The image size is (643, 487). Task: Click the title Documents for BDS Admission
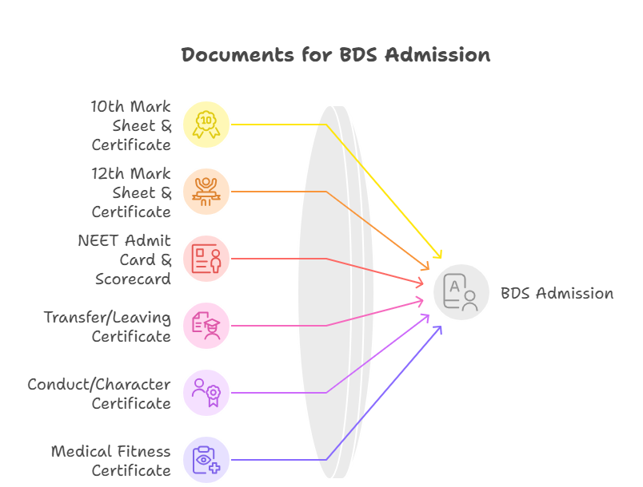click(335, 55)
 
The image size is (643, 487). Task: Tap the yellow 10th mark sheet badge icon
click(206, 125)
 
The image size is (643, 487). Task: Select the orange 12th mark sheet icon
click(206, 192)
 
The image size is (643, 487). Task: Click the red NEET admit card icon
click(206, 259)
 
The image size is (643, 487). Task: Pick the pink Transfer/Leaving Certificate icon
click(206, 325)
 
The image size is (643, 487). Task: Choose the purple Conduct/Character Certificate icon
click(206, 392)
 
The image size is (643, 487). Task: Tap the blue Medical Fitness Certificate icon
click(206, 459)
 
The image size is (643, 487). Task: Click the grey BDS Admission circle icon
click(461, 292)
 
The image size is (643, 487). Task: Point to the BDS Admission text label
click(557, 293)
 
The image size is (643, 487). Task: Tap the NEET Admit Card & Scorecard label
click(126, 259)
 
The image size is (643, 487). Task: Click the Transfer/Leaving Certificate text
click(108, 327)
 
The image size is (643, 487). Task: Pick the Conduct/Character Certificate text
click(100, 394)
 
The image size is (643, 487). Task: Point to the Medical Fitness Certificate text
click(112, 461)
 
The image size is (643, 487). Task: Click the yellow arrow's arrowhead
click(438, 255)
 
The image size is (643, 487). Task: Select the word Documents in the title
click(226, 55)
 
